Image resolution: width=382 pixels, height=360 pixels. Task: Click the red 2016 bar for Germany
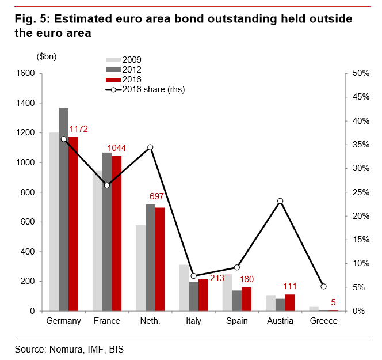73,224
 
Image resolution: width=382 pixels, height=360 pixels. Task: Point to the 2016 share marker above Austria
280,201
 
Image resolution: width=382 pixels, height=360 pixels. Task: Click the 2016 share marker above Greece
323,286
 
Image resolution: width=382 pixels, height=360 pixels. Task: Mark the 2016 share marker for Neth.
150,147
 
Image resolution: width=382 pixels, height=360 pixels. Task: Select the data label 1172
78,128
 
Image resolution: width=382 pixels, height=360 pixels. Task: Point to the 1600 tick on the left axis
25,73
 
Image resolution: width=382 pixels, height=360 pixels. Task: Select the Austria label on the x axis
280,321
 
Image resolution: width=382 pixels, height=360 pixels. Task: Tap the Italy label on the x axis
193,321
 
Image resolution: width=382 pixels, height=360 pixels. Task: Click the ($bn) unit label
47,56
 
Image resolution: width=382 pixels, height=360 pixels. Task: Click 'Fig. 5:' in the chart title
32,19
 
